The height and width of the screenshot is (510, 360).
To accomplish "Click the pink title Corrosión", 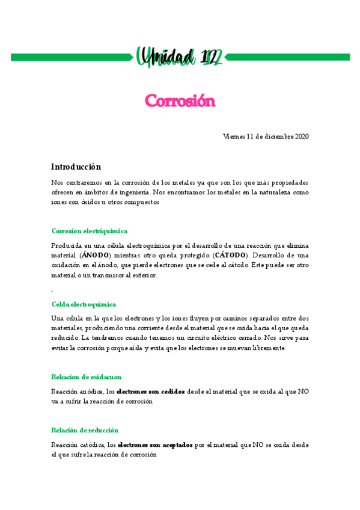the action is (x=180, y=100).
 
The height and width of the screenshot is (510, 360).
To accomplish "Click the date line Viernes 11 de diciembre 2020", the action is (x=266, y=137).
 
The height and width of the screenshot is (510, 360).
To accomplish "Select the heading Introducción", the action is (x=76, y=167).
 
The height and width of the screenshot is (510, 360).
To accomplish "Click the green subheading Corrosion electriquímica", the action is (x=90, y=231).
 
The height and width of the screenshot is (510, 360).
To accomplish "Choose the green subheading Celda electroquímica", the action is (x=84, y=304).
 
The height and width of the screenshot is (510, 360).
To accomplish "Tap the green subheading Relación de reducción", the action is (x=85, y=430).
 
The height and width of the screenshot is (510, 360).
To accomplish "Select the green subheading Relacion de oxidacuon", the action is (x=87, y=376).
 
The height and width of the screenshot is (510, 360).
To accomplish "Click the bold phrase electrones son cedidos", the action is (x=150, y=391).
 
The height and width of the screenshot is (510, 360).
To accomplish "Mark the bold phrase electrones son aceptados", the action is (x=155, y=445).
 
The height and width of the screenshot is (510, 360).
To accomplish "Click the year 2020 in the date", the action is (x=302, y=137).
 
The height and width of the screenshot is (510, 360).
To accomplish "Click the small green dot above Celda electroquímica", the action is (x=53, y=291).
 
